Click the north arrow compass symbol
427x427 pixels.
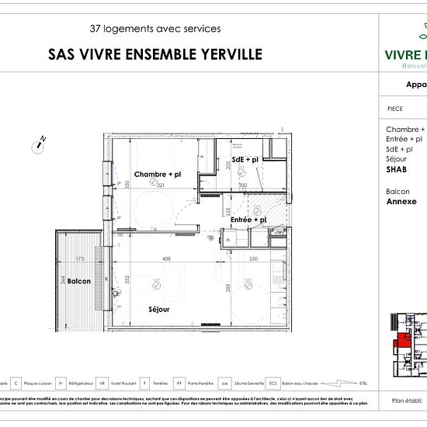click(38, 142)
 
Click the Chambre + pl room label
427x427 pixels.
click(157, 174)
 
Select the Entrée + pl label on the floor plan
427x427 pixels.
click(248, 220)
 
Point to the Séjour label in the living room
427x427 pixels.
click(159, 309)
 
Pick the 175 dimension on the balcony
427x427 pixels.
click(79, 259)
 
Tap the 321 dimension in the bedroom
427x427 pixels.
click(161, 186)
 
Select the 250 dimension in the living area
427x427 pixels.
click(252, 259)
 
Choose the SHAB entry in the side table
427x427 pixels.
click(396, 168)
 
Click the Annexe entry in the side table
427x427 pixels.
click(401, 201)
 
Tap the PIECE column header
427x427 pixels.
click(394, 109)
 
